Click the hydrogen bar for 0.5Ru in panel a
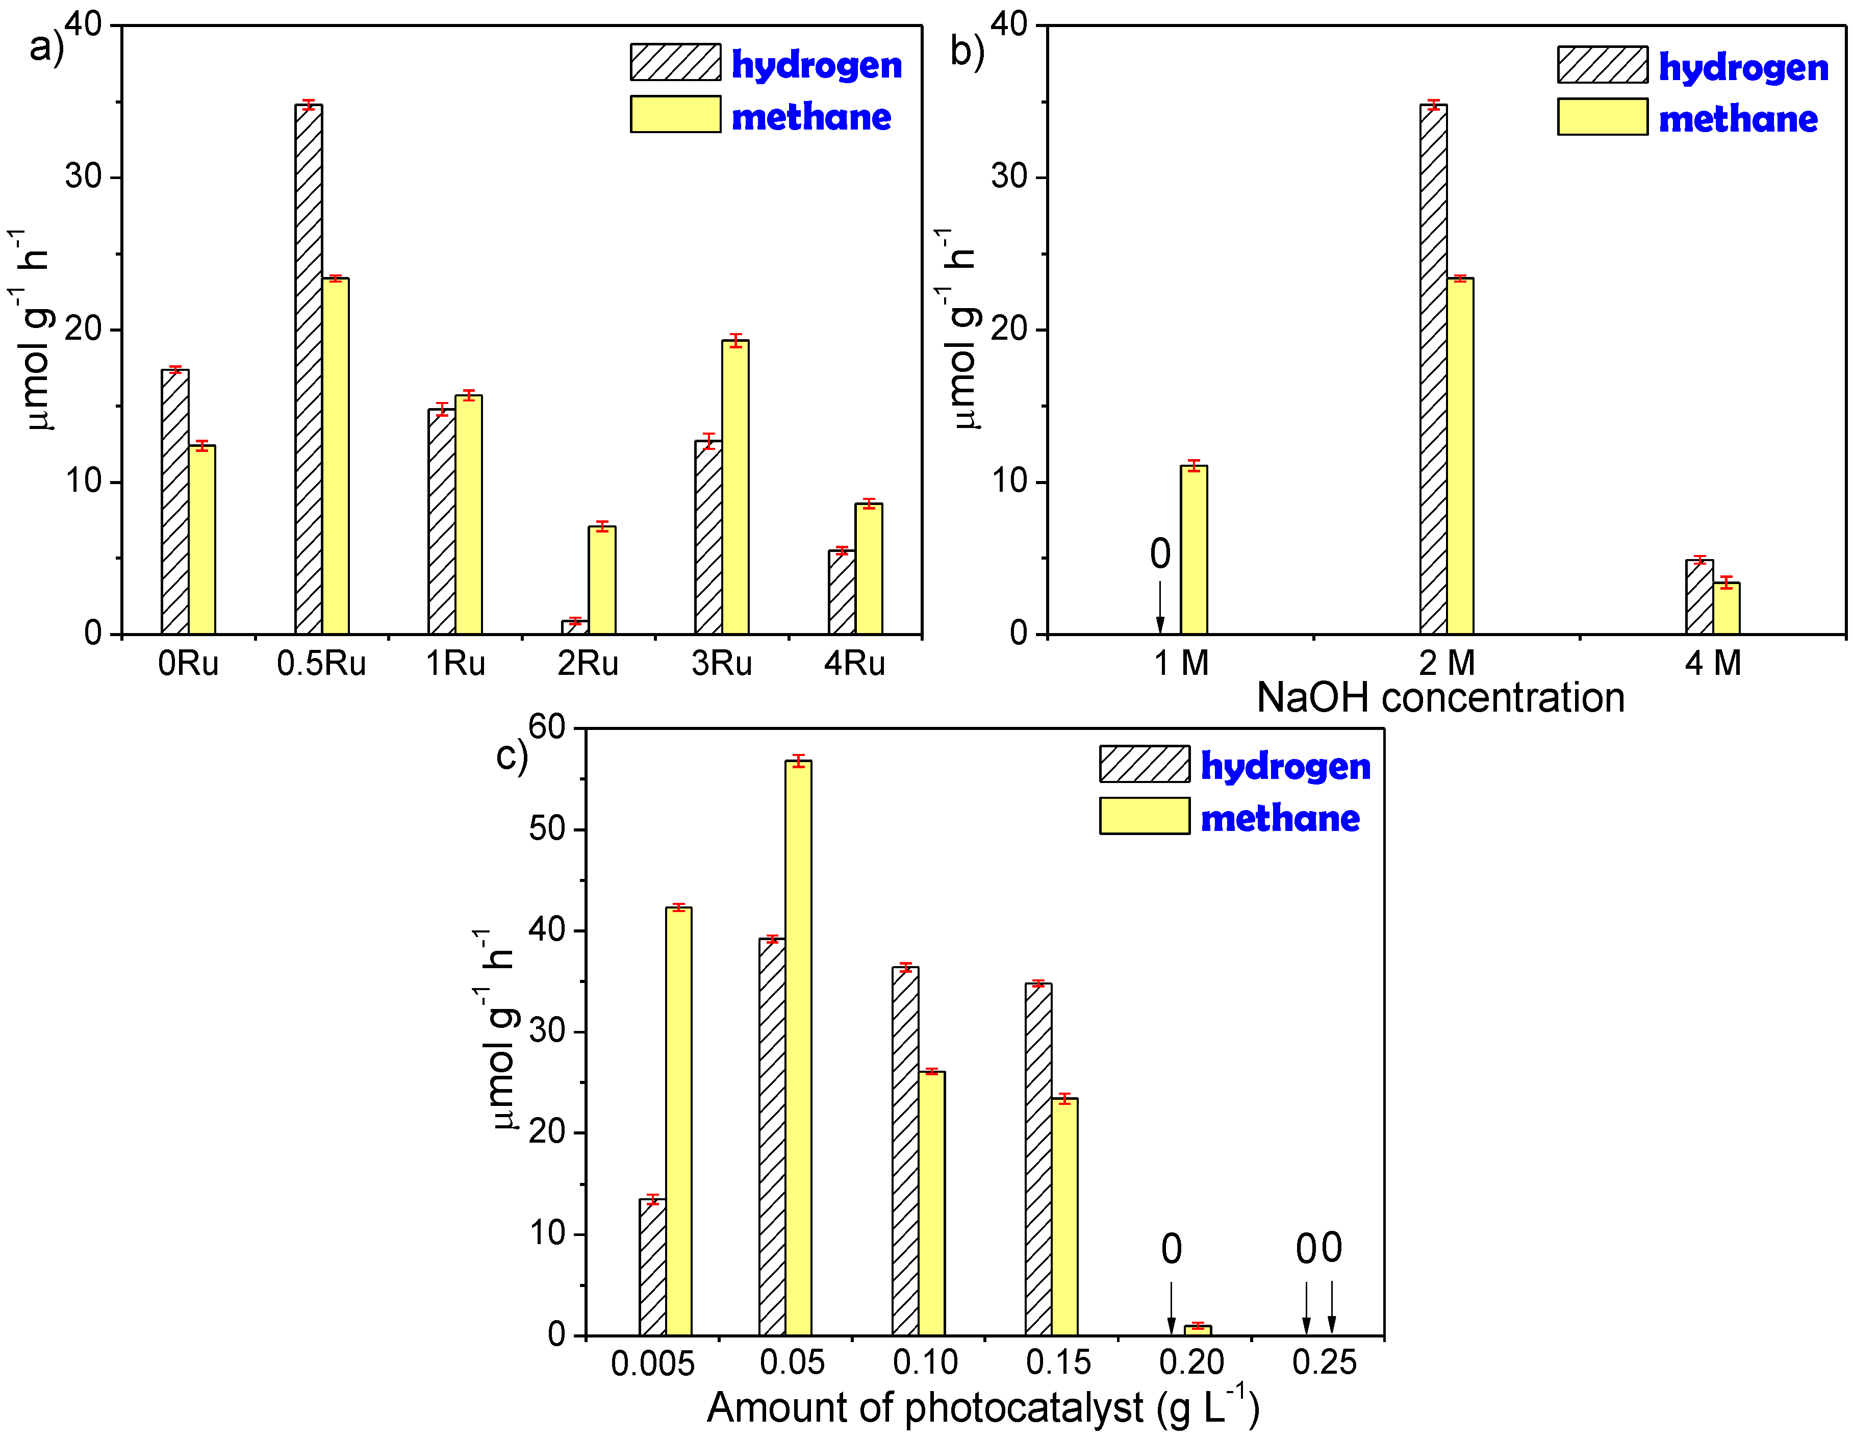coord(309,369)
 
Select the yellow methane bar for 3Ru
coord(735,487)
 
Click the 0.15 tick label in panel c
coord(1058,1362)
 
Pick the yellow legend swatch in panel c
coord(1145,816)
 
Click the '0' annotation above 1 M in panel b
coord(1160,554)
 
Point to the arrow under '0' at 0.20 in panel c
coord(1172,1307)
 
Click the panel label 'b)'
coord(967,51)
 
